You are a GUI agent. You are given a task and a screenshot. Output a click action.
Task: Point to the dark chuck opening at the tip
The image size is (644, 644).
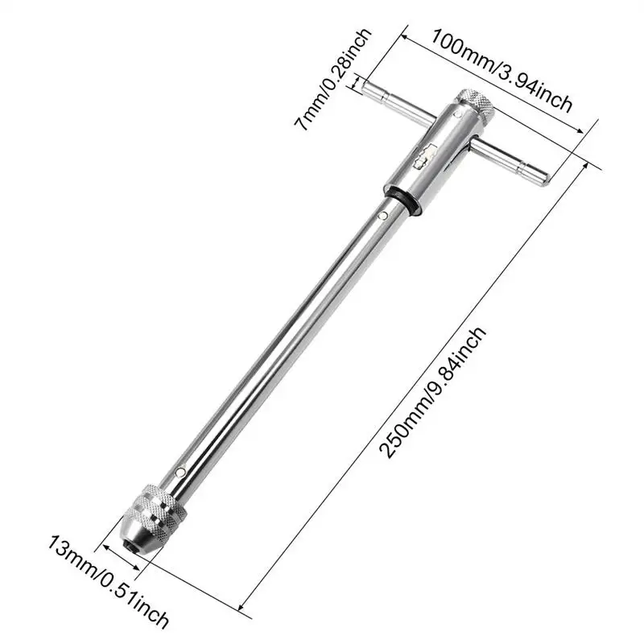coord(130,545)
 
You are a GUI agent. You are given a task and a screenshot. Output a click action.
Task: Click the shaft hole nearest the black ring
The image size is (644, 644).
coord(382,216)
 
